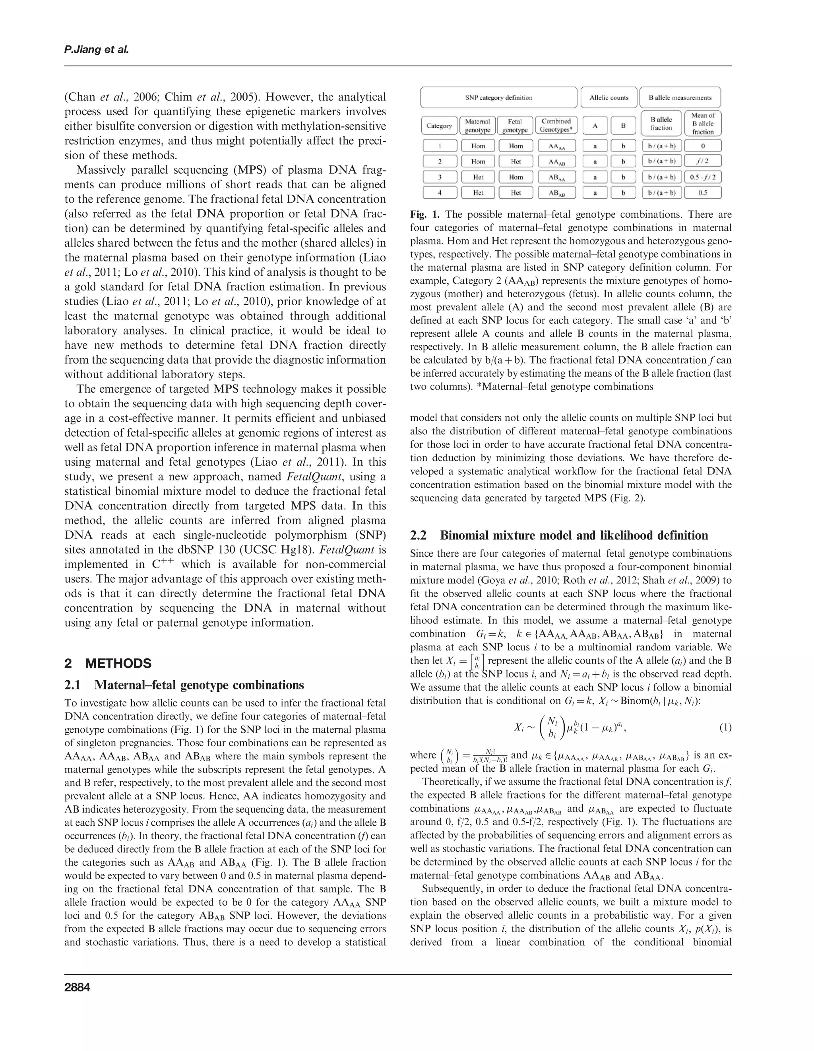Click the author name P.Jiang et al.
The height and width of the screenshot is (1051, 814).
[x=96, y=50]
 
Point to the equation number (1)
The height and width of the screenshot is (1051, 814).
[x=725, y=727]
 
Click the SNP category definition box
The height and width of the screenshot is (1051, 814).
[x=498, y=98]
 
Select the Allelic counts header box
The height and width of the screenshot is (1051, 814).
[x=609, y=98]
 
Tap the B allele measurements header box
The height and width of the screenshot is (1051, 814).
[x=680, y=98]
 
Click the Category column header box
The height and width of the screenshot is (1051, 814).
[x=439, y=126]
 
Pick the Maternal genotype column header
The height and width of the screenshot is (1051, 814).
[x=477, y=126]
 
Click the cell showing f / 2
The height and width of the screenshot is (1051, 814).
[x=702, y=162]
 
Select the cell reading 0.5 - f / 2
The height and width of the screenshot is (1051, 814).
[x=702, y=177]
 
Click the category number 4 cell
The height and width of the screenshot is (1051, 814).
[x=440, y=192]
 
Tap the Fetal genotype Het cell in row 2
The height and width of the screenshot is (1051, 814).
[x=515, y=162]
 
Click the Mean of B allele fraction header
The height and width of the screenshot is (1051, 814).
[x=702, y=123]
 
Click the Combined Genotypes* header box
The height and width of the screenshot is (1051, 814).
[x=556, y=126]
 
